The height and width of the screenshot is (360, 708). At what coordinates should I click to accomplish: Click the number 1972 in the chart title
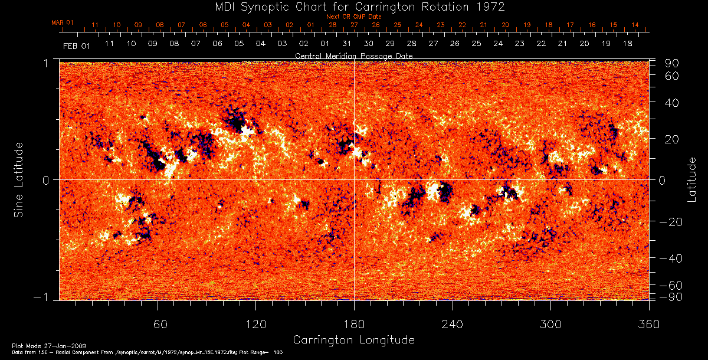489,7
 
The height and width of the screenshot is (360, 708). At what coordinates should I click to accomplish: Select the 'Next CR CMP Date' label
354,17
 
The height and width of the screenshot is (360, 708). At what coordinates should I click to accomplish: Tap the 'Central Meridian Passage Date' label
353,55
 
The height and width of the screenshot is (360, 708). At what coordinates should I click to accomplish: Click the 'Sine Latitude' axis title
19,179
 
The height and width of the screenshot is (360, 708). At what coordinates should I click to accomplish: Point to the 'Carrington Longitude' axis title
353,340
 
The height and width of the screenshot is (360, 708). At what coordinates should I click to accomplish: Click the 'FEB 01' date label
77,45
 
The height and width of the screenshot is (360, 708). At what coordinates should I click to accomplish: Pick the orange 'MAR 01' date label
63,22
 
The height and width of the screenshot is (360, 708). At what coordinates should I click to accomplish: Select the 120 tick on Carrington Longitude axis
255,324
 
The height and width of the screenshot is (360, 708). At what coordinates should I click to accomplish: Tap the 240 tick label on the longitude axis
452,324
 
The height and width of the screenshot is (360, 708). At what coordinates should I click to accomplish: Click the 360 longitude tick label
648,324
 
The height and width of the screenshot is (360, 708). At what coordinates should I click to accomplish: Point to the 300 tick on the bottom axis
550,324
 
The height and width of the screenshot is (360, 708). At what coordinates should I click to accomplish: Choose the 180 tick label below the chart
354,324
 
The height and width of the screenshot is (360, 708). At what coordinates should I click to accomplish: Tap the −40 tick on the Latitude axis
670,258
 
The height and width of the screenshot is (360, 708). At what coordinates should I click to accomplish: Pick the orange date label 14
635,25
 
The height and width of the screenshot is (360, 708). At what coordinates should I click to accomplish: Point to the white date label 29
390,44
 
